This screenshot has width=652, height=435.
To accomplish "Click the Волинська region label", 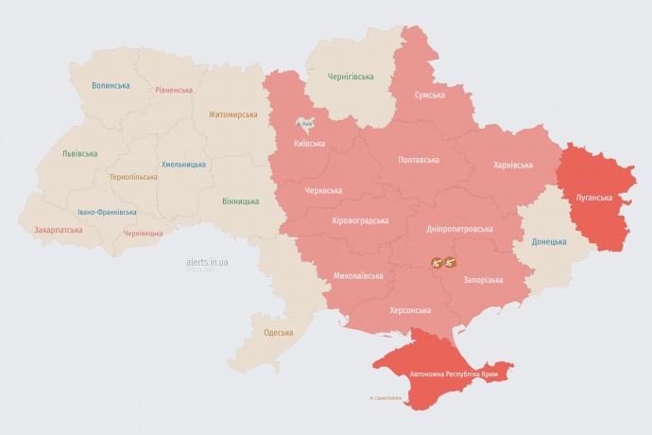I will pyautogui.click(x=111, y=85).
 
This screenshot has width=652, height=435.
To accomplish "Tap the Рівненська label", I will pyautogui.click(x=174, y=90).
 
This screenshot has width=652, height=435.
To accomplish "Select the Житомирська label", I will pyautogui.click(x=232, y=114).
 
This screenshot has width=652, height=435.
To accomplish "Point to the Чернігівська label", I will pyautogui.click(x=350, y=77).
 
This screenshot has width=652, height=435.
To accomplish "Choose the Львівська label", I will pyautogui.click(x=78, y=152).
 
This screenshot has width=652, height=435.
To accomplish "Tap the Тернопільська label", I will pyautogui.click(x=133, y=177).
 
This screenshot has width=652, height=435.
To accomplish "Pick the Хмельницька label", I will pyautogui.click(x=183, y=164).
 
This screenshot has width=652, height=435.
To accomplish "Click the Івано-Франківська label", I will pyautogui.click(x=107, y=212).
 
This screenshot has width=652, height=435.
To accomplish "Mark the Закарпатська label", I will pyautogui.click(x=58, y=229).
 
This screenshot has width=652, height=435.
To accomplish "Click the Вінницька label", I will pyautogui.click(x=240, y=201).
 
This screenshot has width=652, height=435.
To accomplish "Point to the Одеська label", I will pyautogui.click(x=278, y=332).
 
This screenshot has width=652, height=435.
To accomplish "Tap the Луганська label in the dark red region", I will pyautogui.click(x=593, y=198).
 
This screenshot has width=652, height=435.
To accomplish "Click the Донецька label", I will pyautogui.click(x=549, y=241).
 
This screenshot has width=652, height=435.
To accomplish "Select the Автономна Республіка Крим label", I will pyautogui.click(x=454, y=374).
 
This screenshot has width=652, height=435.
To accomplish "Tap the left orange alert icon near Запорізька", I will pyautogui.click(x=437, y=263).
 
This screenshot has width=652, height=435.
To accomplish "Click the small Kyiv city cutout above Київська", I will pyautogui.click(x=304, y=124).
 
